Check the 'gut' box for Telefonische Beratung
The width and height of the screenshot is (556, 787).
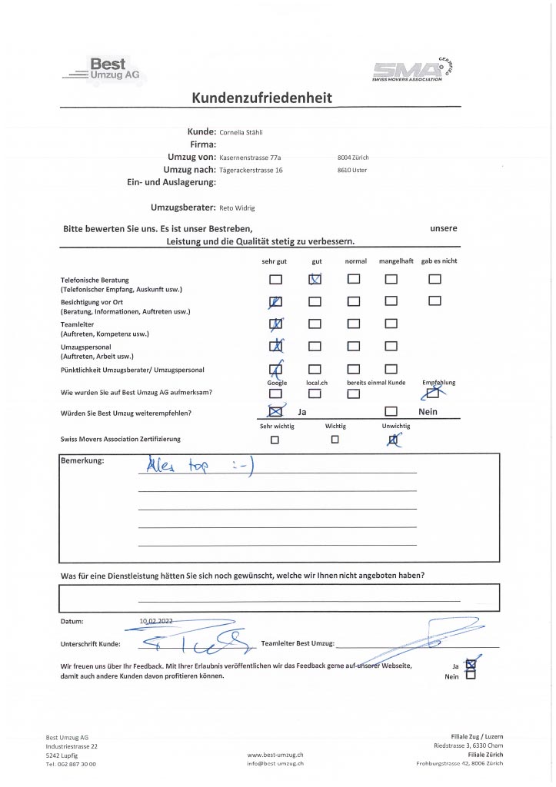click(315, 280)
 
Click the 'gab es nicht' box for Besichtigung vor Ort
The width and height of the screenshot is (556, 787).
click(435, 301)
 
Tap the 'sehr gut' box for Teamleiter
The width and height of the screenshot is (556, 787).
click(275, 324)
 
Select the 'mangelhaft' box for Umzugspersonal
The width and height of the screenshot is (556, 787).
click(391, 347)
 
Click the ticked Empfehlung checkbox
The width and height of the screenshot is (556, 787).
click(434, 393)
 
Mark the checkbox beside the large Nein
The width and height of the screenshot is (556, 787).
click(391, 413)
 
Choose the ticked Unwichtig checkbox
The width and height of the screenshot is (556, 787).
click(394, 440)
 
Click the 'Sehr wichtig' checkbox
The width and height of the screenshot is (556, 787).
click(274, 440)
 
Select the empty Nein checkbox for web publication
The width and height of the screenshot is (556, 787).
click(471, 676)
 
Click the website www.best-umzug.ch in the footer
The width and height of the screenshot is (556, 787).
click(275, 755)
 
